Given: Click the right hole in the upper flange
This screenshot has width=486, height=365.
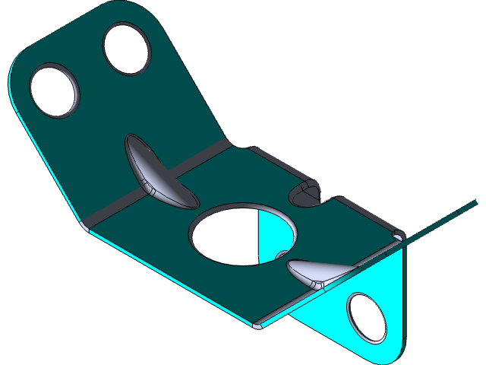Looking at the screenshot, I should click(x=127, y=49).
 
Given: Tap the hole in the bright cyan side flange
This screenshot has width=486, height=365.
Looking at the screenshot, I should click(x=366, y=315).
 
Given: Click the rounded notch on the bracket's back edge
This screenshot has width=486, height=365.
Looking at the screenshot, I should click(x=308, y=194).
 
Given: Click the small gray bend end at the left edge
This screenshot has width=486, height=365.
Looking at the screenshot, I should click(x=85, y=226).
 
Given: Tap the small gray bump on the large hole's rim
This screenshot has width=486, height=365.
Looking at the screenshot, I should click(x=282, y=255).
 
